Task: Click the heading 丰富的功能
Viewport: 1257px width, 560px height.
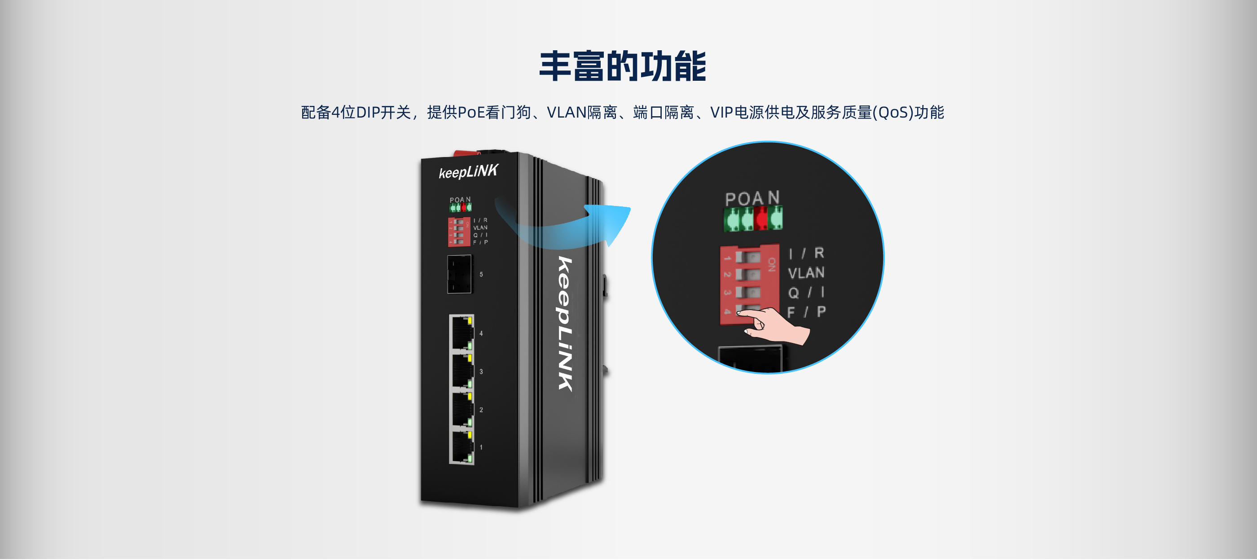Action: pos(623,66)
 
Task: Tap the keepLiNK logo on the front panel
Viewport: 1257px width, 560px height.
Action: pos(468,171)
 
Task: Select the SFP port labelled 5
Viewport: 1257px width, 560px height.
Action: pos(460,274)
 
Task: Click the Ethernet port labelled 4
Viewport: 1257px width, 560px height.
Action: pos(461,332)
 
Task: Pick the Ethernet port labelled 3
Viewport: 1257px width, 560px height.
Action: pos(461,371)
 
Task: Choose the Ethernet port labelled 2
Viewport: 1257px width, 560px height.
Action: pos(461,409)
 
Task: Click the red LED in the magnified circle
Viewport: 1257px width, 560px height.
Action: pos(761,218)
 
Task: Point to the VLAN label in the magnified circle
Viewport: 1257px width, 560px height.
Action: pos(806,273)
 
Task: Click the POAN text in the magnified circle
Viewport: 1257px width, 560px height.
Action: pos(752,198)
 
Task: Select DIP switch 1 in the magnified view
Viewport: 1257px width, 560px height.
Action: pos(747,257)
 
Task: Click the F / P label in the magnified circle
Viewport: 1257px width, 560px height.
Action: pos(806,312)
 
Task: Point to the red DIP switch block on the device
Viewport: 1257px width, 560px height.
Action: pos(459,232)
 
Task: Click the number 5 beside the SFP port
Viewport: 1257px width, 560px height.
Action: pos(481,275)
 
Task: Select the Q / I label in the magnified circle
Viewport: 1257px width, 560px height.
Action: pos(806,292)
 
